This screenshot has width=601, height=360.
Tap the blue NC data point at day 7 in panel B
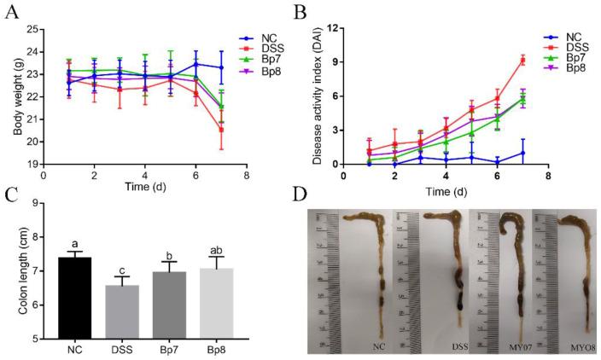point(522,153)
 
